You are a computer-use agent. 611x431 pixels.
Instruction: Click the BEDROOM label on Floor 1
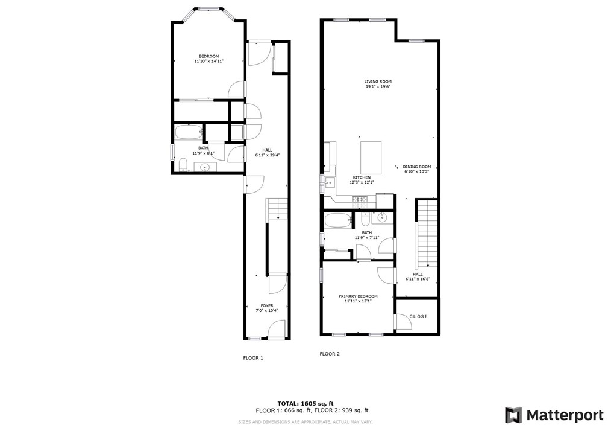point(208,56)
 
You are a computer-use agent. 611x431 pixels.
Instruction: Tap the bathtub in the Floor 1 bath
point(189,133)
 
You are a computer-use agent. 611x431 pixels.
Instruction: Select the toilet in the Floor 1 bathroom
point(182,164)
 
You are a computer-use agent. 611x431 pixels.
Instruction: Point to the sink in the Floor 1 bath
point(205,167)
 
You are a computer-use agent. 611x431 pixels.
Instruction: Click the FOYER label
point(267,306)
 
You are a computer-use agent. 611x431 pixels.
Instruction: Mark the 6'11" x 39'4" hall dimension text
point(267,155)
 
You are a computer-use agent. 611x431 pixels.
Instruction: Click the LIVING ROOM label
point(378,81)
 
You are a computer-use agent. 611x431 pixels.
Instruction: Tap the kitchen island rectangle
point(371,156)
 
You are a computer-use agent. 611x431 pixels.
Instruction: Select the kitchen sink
point(328,182)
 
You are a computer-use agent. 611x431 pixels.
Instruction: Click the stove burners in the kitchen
point(360,199)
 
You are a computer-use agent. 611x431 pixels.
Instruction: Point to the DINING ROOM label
point(417,167)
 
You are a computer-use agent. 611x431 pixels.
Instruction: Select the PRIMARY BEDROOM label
point(358,296)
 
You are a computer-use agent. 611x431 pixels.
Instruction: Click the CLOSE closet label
point(418,316)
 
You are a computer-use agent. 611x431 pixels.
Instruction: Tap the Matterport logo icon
point(513,415)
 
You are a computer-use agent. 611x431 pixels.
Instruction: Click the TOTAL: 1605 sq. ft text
point(305,403)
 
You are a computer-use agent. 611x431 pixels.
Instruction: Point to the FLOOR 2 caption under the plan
point(330,354)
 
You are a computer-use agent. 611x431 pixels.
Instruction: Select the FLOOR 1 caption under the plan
point(253,358)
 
